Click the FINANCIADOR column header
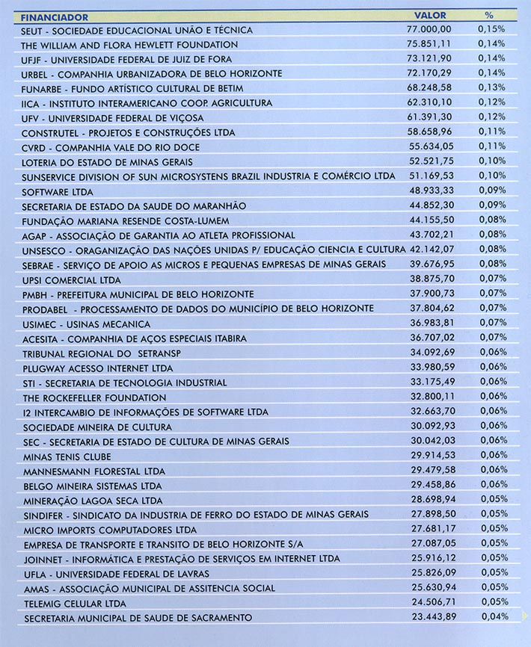[55, 16]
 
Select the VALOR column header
[430, 15]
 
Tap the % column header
[489, 15]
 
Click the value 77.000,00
[429, 29]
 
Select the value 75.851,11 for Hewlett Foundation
[429, 43]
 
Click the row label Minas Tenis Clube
[67, 456]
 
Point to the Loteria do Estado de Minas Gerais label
[108, 161]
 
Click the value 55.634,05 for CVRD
[430, 146]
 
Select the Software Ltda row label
[56, 191]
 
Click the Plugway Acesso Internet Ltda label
[98, 368]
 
